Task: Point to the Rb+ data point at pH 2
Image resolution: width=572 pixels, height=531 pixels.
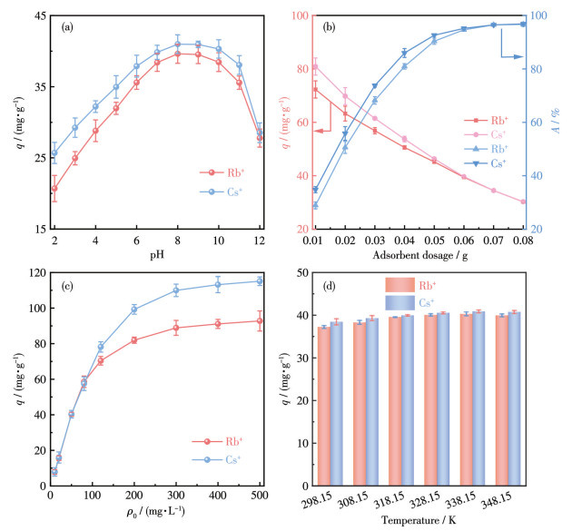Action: click(x=54, y=189)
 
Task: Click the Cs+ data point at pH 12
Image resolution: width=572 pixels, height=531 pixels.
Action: click(x=260, y=133)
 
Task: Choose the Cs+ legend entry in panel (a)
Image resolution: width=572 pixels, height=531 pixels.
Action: click(x=219, y=191)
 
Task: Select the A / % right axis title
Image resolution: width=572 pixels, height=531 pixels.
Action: click(x=560, y=122)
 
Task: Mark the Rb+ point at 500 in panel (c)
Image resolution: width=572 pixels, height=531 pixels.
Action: click(x=259, y=320)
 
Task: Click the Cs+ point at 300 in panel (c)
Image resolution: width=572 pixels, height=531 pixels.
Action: click(x=176, y=290)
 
